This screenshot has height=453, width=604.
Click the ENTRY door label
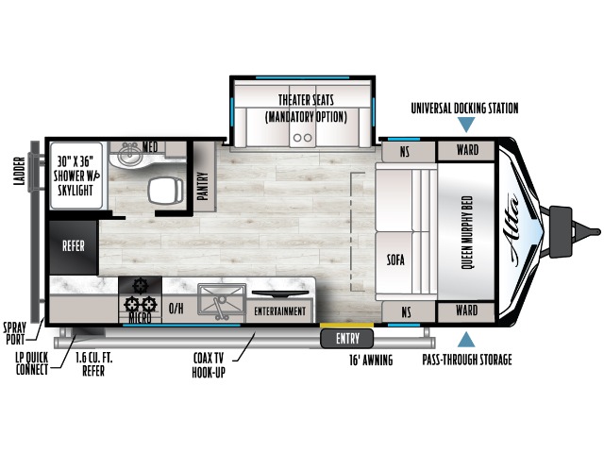[x=347, y=339]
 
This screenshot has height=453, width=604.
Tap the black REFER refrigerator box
[x=74, y=246]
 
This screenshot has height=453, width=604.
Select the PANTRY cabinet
[x=204, y=176]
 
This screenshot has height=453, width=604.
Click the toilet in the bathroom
[x=166, y=191]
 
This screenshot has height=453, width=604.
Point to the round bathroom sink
[x=128, y=155]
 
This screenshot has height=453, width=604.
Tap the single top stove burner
[x=140, y=285]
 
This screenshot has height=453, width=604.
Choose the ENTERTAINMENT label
[x=280, y=310]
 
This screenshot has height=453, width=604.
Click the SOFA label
[x=395, y=260]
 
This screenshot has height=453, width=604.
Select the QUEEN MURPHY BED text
[x=466, y=232]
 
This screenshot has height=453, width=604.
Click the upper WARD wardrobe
[x=466, y=151]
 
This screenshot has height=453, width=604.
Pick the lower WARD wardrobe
[x=466, y=311]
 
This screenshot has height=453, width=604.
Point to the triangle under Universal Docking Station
[x=466, y=126]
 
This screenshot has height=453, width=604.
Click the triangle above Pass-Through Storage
[x=466, y=340]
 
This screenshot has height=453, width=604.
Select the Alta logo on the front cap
[x=513, y=232]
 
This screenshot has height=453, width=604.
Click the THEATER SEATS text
[x=306, y=100]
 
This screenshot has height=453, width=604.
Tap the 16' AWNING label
[x=371, y=361]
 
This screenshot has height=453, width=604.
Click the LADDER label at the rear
[x=19, y=171]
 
